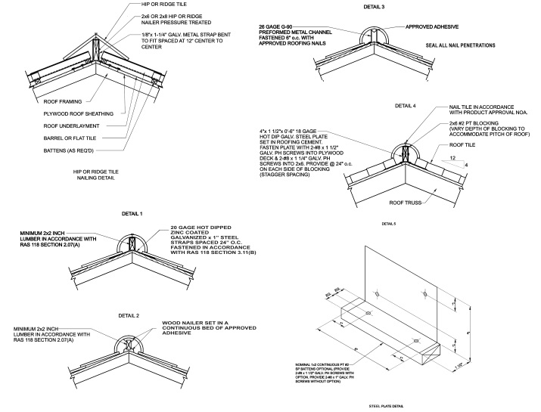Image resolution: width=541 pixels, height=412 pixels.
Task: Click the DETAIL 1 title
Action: click(131, 215)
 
